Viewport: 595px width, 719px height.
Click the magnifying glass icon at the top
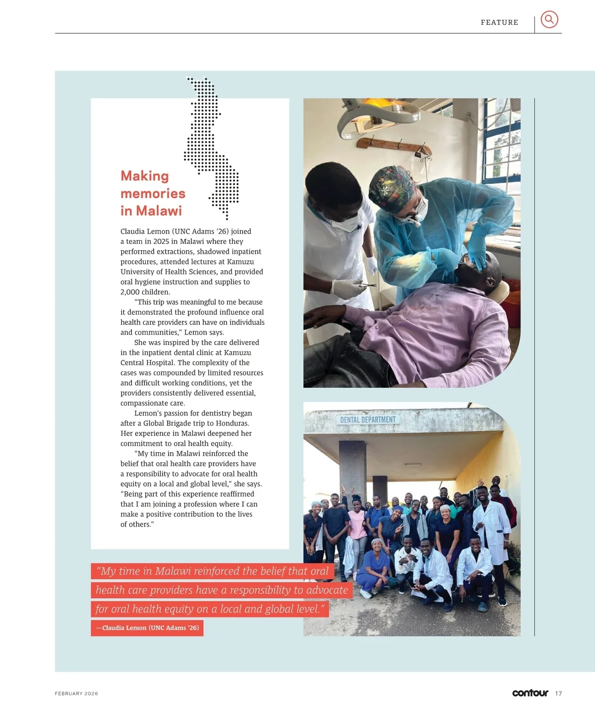549,19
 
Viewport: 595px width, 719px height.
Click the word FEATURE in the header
499,22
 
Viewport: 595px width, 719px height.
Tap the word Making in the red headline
145,176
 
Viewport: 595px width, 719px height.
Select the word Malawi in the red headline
159,211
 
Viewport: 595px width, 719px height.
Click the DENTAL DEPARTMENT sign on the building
368,419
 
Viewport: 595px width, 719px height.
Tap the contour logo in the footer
530,693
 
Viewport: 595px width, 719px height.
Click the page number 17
559,693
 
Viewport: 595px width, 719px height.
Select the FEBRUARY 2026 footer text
76,694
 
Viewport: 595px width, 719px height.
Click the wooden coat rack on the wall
394,144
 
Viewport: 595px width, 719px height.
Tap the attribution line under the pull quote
147,628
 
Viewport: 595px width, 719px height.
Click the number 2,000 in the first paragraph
131,292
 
